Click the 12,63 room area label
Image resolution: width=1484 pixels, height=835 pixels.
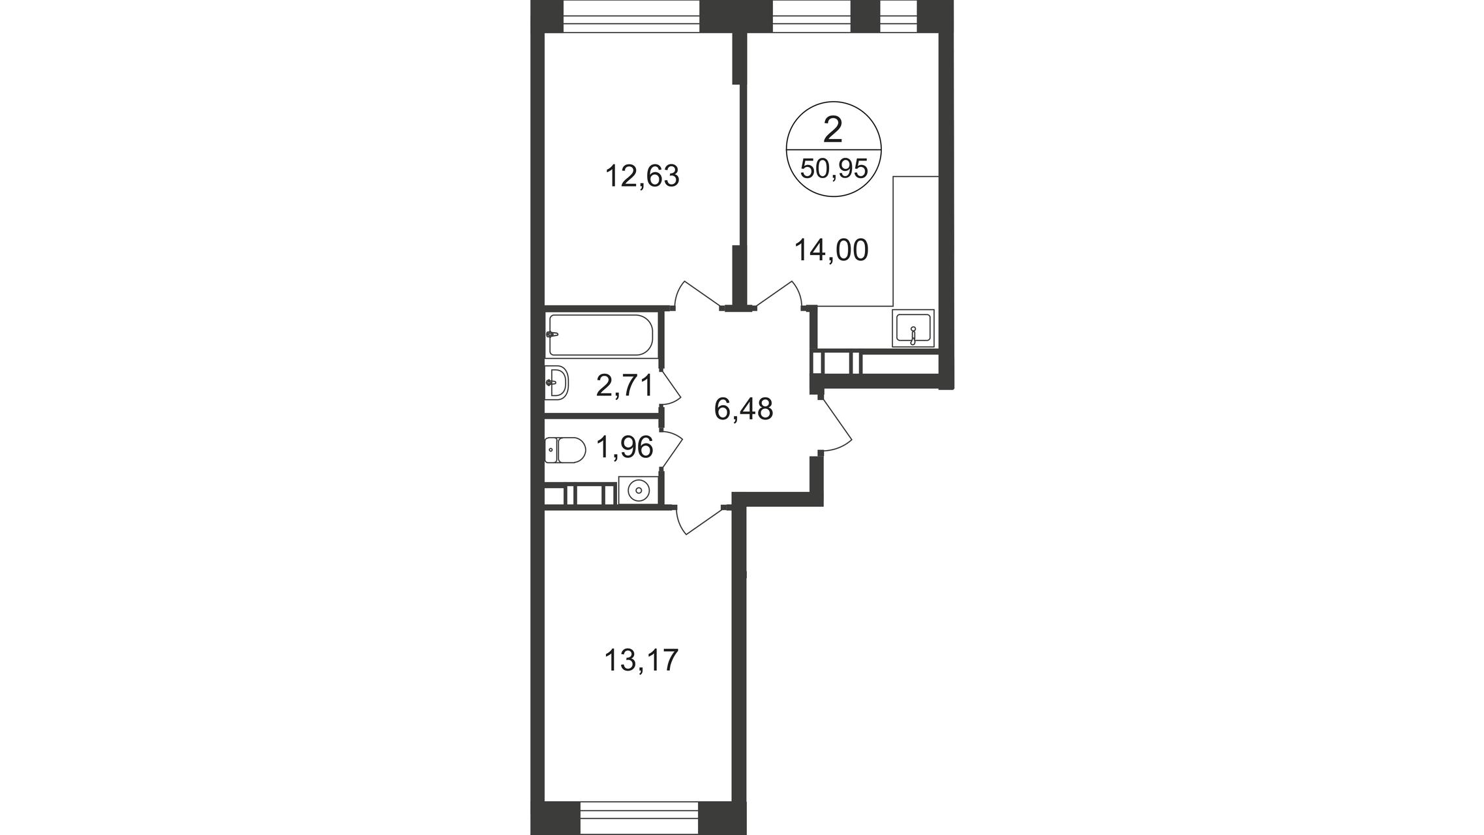(x=643, y=177)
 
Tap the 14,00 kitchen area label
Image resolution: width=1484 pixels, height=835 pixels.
(x=832, y=250)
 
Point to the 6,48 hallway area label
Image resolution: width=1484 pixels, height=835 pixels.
(x=744, y=410)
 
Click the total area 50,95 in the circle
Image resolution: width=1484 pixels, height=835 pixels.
(x=834, y=169)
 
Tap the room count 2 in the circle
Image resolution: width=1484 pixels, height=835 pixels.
(x=833, y=130)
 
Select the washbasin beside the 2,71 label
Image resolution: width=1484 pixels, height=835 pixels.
(x=557, y=382)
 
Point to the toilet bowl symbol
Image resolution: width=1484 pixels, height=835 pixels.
(x=565, y=450)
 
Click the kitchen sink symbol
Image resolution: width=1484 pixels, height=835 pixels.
(x=913, y=328)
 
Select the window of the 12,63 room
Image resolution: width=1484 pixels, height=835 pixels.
(x=631, y=16)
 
